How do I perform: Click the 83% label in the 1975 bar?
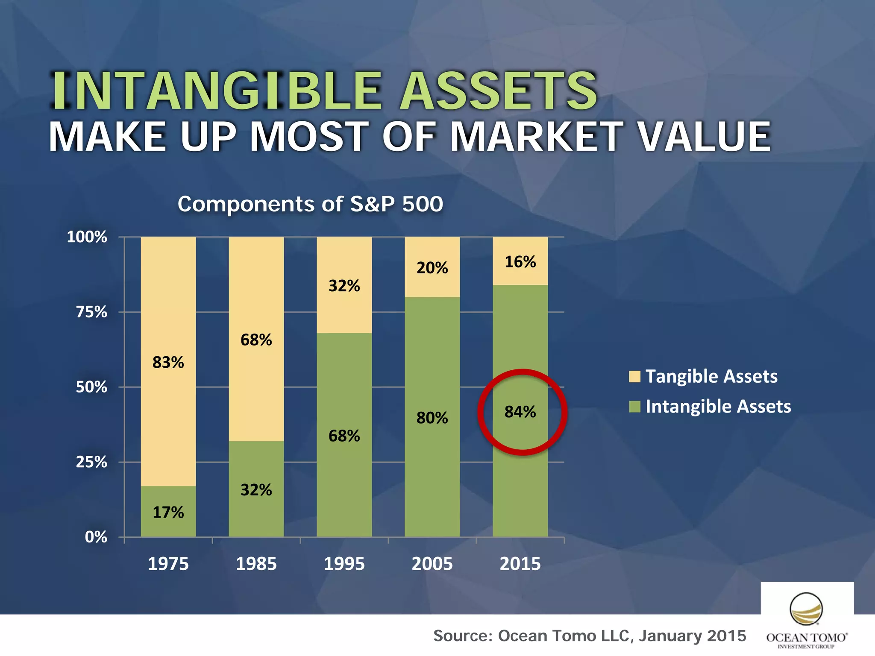pos(168,363)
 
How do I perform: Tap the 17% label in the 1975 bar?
pos(168,512)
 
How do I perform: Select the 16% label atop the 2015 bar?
pos(520,262)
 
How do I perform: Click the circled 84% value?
pos(520,412)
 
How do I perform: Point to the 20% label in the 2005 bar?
pos(432,268)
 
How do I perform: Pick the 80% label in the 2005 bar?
pos(432,418)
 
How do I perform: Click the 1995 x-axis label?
pos(344,564)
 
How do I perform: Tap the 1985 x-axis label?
pos(256,564)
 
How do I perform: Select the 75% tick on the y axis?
pos(91,312)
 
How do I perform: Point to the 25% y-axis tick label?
pos(91,462)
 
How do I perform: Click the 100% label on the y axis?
pos(87,237)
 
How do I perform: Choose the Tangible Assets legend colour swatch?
pos(634,377)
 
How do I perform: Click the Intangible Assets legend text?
pos(718,407)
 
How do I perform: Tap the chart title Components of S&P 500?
pos(310,204)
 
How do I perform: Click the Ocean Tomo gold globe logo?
pos(806,609)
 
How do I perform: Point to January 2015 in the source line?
pos(692,636)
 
